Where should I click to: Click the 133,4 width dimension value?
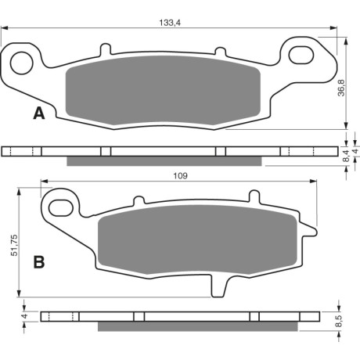point(170,23)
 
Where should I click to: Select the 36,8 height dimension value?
point(341,88)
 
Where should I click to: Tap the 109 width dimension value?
point(180,176)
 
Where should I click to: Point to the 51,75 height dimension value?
point(14,245)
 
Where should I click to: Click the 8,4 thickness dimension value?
point(346,156)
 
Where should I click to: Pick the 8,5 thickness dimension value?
point(339,321)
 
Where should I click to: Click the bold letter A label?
point(39,113)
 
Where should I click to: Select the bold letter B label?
point(39,262)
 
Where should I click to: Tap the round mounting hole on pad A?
point(21,63)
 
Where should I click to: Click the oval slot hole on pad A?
point(301,55)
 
